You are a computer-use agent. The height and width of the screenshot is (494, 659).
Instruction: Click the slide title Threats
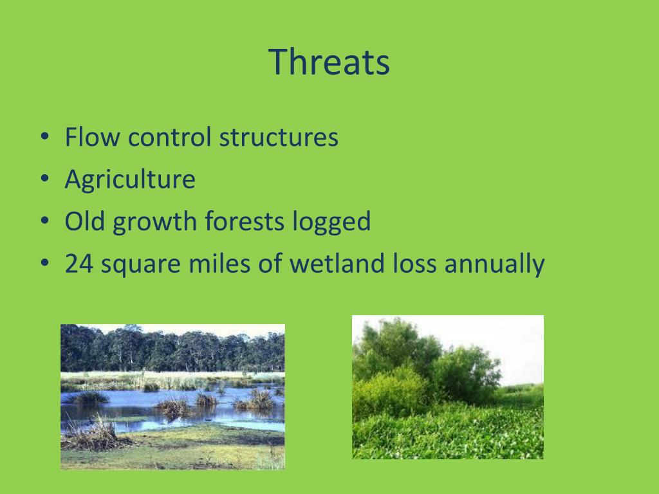(329, 62)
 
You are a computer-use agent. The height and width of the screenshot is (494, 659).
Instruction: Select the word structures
(279, 137)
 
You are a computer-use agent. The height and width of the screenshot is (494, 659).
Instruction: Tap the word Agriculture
(130, 179)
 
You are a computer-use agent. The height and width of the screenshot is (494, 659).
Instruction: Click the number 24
(79, 263)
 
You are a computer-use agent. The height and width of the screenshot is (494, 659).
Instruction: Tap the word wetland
(337, 263)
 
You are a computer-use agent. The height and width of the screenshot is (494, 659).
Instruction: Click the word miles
(220, 263)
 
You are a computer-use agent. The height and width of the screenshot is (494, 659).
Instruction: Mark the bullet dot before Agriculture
(45, 178)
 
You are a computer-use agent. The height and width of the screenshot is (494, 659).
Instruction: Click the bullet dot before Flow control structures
(45, 136)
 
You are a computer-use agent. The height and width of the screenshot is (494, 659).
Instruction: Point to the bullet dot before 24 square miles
(45, 262)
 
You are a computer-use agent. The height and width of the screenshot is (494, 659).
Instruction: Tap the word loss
(414, 263)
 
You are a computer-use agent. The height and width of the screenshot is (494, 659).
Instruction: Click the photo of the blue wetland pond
(172, 396)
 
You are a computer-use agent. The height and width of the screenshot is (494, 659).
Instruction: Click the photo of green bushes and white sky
(448, 387)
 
